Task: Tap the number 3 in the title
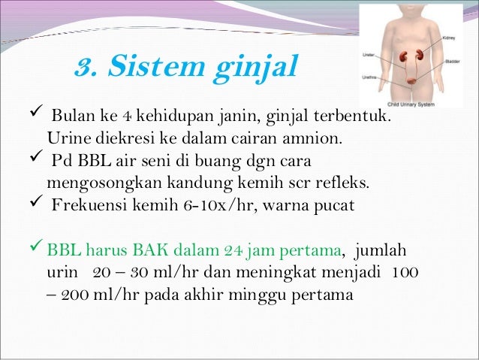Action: (85, 67)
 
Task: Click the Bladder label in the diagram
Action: (452, 61)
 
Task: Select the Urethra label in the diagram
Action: (370, 75)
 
